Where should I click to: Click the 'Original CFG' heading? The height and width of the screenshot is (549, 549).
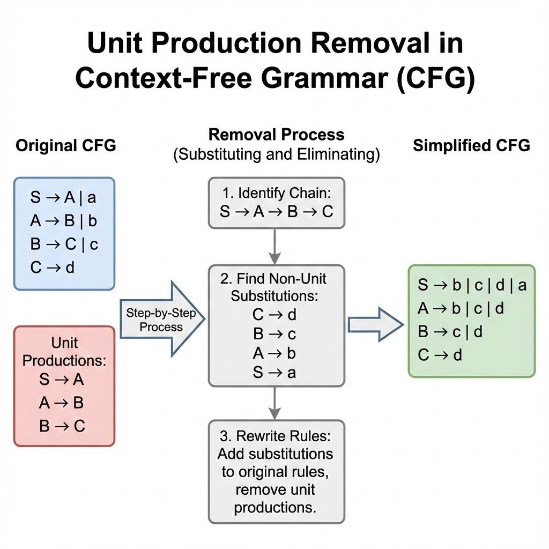point(65,146)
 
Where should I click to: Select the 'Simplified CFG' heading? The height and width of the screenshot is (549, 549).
point(471,145)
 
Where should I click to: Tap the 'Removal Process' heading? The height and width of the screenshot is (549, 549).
point(276,134)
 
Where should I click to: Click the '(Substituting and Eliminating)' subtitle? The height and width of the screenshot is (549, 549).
point(276,155)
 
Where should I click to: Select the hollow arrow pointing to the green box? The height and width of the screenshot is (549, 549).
point(376,324)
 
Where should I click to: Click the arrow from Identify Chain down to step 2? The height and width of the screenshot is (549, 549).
point(274,246)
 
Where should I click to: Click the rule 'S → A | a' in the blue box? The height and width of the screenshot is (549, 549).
point(63,197)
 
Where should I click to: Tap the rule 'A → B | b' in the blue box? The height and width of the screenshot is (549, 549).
point(63,221)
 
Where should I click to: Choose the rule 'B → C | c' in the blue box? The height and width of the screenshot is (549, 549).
point(64,244)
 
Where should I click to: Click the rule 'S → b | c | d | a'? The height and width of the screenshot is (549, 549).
point(472,285)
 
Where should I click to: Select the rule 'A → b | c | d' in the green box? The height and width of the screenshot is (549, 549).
point(461,308)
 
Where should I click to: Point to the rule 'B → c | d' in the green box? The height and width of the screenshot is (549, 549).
point(450,332)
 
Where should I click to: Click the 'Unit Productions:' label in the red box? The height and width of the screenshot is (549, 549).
point(64,351)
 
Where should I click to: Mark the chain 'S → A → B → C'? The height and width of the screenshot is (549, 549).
point(276,211)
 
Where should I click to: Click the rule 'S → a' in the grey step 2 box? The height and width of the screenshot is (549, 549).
point(274,373)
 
